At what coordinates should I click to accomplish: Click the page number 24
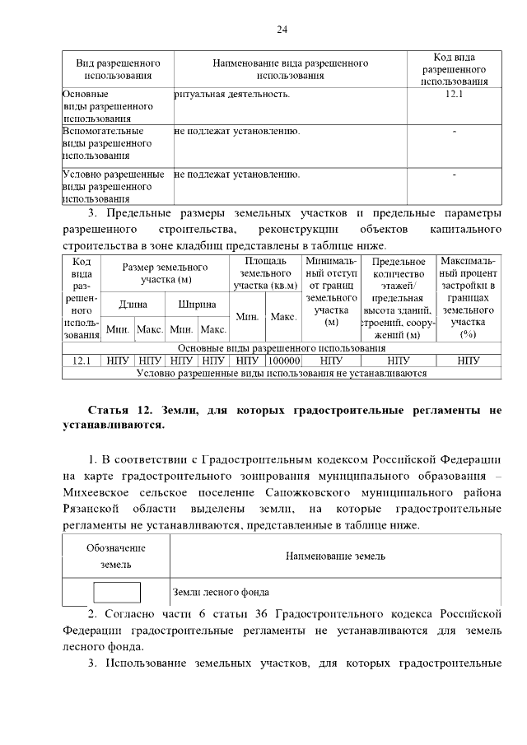tap(281, 30)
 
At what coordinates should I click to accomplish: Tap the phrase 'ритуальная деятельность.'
tap(233, 95)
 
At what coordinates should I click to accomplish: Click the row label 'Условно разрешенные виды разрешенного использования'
tap(114, 186)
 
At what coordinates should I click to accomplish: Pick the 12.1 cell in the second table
tap(82, 361)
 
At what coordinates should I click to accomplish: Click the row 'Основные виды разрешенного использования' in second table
tap(282, 349)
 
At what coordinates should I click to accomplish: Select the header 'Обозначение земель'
tap(116, 556)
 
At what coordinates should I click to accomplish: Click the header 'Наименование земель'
tap(335, 556)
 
